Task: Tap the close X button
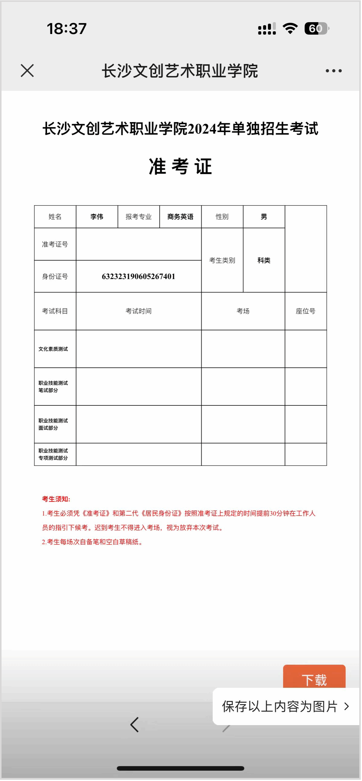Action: click(x=27, y=71)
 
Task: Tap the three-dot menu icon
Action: click(x=333, y=71)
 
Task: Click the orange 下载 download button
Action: click(x=314, y=677)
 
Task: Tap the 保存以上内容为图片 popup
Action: click(x=285, y=706)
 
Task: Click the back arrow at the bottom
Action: click(x=135, y=725)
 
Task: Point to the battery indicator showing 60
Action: click(x=316, y=29)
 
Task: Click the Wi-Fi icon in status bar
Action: click(x=290, y=29)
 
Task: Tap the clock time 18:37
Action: click(x=67, y=29)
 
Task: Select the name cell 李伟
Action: click(x=97, y=217)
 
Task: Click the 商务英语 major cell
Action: click(x=180, y=217)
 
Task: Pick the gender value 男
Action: click(x=264, y=217)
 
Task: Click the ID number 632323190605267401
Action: click(x=138, y=276)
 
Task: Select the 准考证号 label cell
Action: click(x=55, y=244)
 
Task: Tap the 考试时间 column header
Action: click(x=138, y=311)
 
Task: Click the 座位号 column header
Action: click(x=306, y=311)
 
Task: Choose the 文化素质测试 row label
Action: click(x=53, y=349)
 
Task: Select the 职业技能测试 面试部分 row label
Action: click(x=53, y=424)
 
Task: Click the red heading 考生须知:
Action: click(x=56, y=499)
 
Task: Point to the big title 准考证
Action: click(x=180, y=166)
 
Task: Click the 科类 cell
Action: click(x=264, y=260)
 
